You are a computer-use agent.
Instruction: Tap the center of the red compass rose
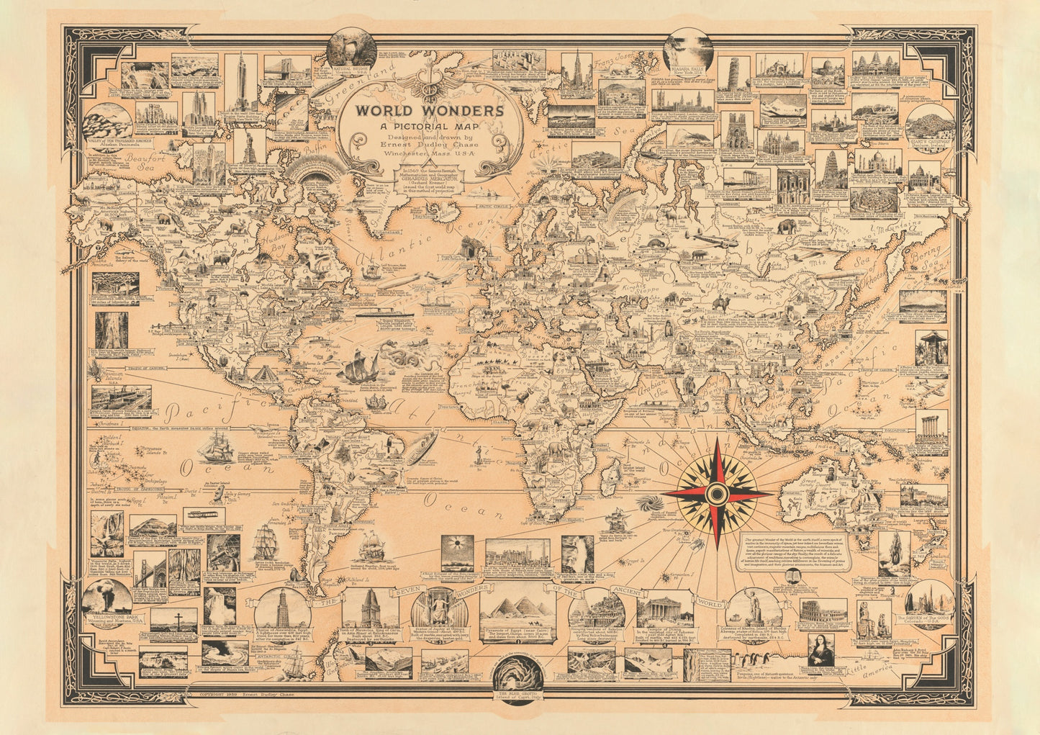click(x=716, y=493)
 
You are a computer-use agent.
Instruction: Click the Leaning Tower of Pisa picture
click(x=733, y=73)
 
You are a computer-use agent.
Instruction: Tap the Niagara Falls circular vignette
click(x=687, y=51)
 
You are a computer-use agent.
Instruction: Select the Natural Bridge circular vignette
click(x=351, y=48)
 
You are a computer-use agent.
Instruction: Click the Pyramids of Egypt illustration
click(x=517, y=611)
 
